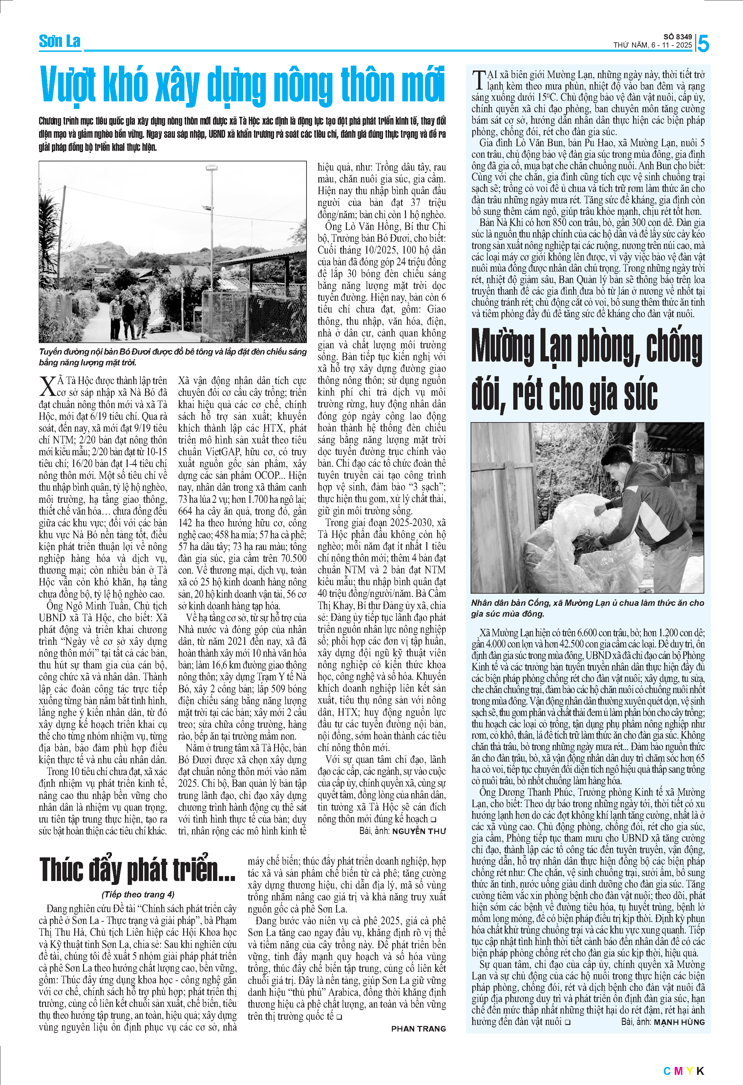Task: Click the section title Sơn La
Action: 59,42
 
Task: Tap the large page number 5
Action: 703,44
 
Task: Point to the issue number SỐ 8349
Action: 678,37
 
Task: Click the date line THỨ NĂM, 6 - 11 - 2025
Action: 652,45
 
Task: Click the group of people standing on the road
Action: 129,318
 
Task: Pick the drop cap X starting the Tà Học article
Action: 47,386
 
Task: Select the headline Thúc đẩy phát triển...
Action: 137,870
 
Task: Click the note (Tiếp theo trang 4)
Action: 138,894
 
